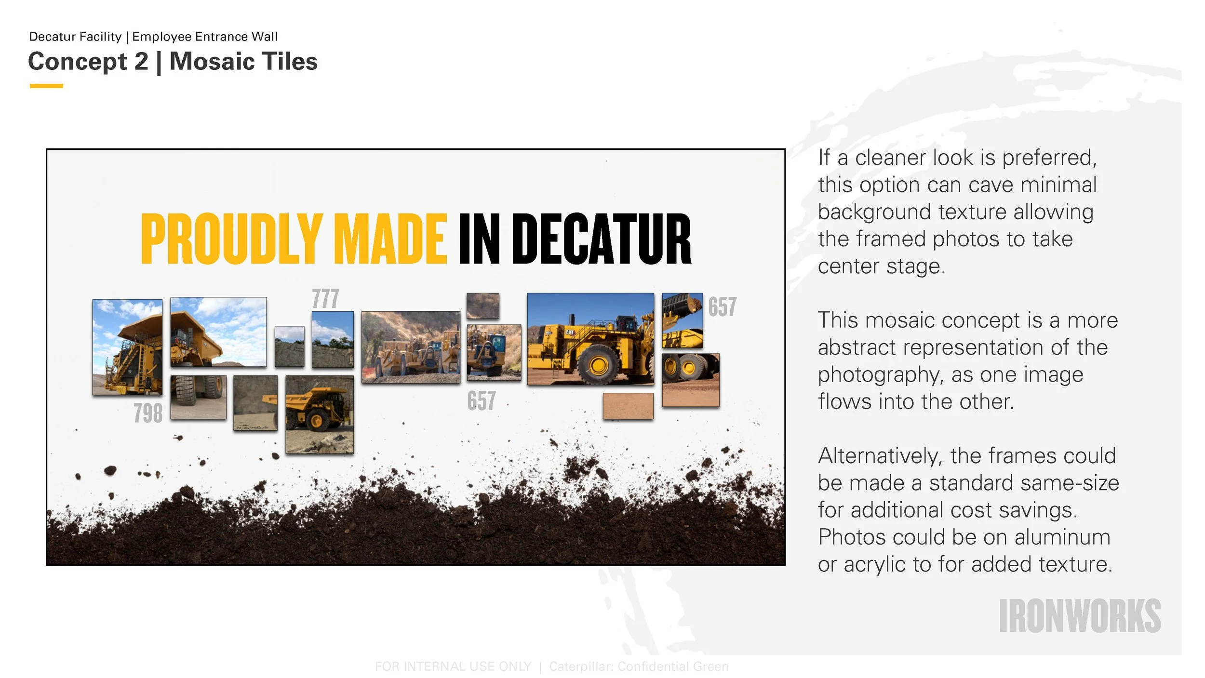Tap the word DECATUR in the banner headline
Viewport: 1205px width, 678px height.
(601, 239)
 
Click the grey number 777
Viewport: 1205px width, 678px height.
(325, 299)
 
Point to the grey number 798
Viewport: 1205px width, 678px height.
(148, 413)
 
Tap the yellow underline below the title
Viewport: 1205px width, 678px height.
(46, 86)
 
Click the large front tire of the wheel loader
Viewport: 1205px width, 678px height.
(598, 365)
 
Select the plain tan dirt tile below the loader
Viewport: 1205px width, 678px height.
(628, 406)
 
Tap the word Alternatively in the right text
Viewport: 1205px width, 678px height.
(880, 456)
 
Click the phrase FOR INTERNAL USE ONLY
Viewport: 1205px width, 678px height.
(453, 666)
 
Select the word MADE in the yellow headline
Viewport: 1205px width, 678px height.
(390, 239)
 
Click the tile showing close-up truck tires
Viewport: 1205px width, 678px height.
(198, 397)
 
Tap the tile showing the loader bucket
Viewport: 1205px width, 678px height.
(682, 319)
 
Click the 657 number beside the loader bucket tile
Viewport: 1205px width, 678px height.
(722, 307)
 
